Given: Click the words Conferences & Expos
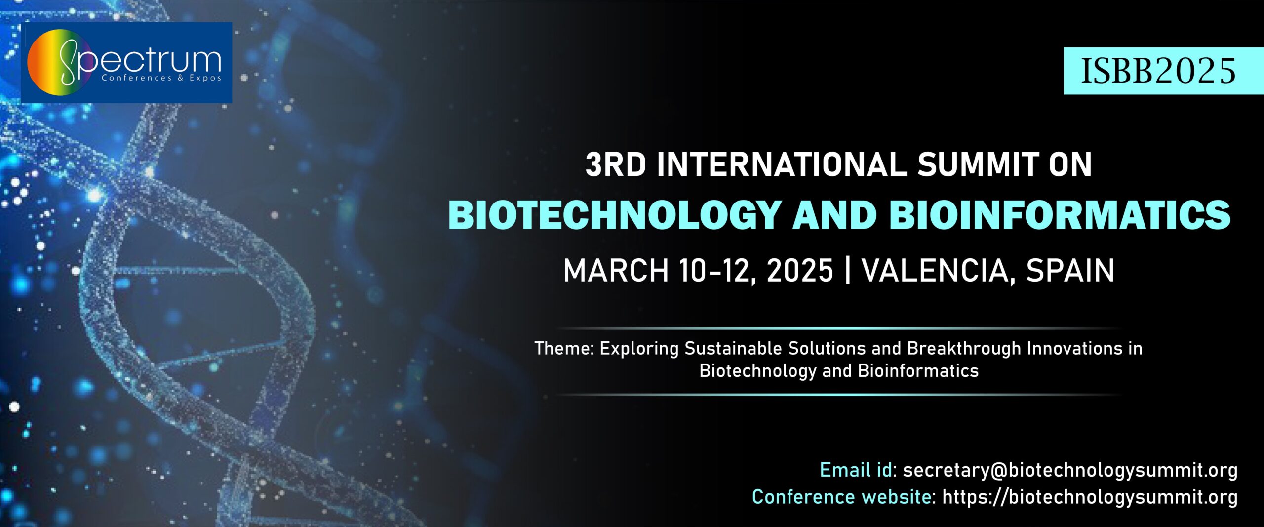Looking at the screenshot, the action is coord(161,78).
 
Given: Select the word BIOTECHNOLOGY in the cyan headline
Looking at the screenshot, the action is coord(614,215).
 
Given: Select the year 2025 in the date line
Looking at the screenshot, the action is coord(800,270).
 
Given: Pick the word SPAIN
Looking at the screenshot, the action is coord(1070,270).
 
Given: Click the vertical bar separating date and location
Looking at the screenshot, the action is coord(848,270).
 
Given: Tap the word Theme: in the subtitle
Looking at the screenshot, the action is coord(564,349).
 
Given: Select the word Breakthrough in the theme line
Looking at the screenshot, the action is coord(964,349).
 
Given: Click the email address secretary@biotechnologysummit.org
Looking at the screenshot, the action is coord(1070,471).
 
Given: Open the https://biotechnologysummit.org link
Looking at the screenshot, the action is coord(1090,497).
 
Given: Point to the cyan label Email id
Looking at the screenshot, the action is coord(856,470).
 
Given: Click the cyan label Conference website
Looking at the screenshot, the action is coord(841,497).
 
